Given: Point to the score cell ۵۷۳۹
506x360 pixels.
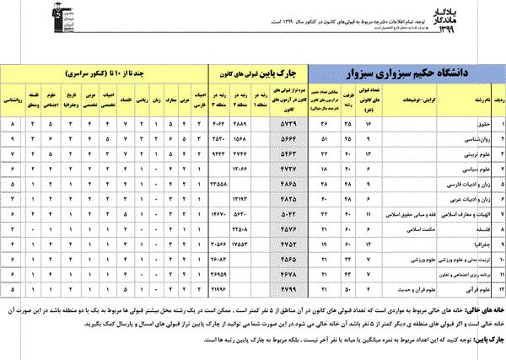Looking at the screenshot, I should click(288, 126).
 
